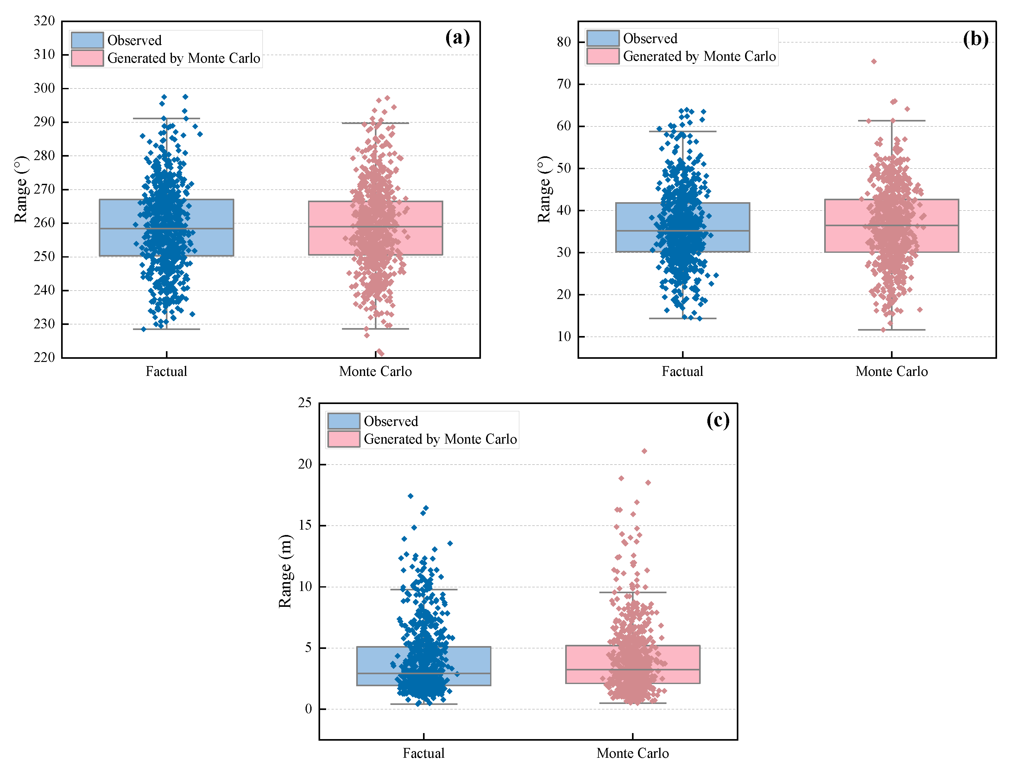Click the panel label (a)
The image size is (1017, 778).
(457, 38)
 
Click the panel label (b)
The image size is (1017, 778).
(975, 39)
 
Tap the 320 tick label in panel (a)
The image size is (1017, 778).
(44, 21)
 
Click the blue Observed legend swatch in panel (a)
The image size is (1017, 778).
(87, 40)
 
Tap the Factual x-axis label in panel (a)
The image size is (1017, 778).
(166, 371)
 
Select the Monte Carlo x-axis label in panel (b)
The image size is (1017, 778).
(891, 371)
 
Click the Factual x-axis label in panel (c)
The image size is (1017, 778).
(423, 753)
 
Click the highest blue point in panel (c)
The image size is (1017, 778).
(411, 496)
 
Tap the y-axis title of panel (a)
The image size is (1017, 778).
(21, 189)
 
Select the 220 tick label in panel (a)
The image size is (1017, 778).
(44, 358)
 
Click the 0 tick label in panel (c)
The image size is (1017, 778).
(308, 709)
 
